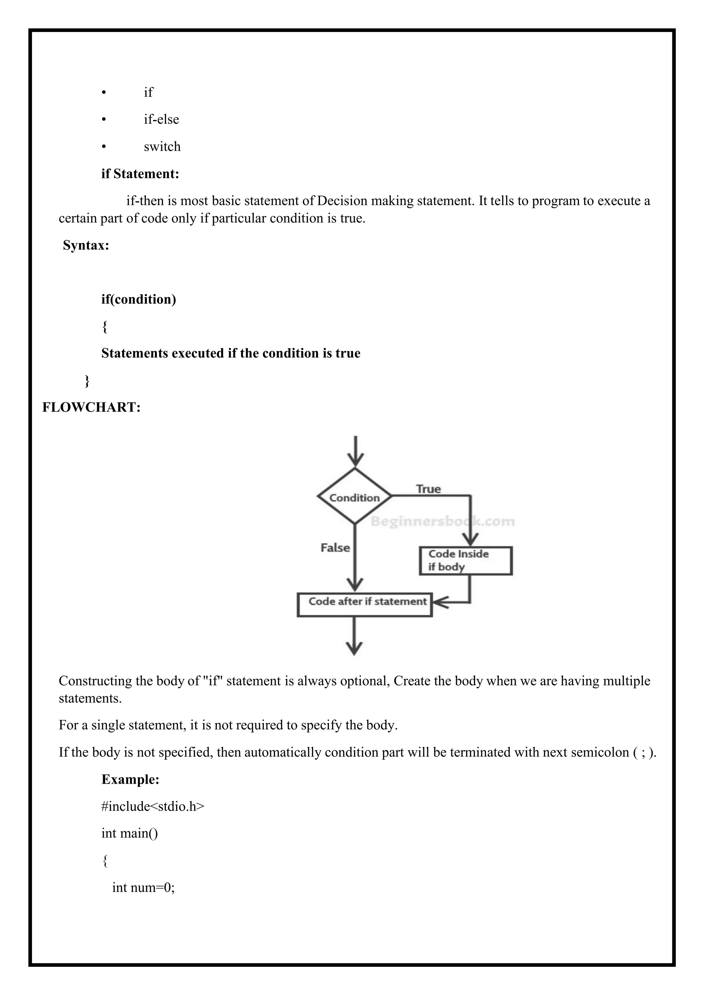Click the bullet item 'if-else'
click(161, 119)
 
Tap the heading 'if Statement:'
click(140, 174)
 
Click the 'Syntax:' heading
click(86, 245)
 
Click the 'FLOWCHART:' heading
click(91, 407)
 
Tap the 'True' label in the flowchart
click(428, 489)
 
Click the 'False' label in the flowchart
click(335, 548)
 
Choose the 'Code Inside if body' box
click(465, 560)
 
